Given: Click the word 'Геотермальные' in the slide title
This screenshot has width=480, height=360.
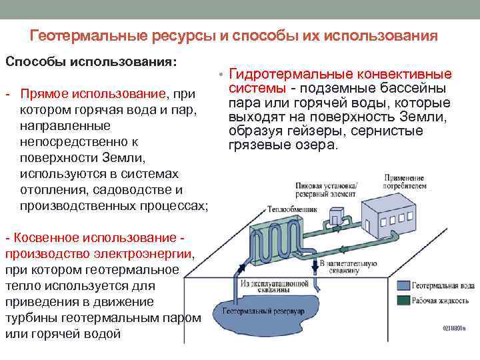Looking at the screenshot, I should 77,36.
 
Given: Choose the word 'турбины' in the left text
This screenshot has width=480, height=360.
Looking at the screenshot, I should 31,318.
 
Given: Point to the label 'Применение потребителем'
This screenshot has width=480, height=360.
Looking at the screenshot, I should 405,183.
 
